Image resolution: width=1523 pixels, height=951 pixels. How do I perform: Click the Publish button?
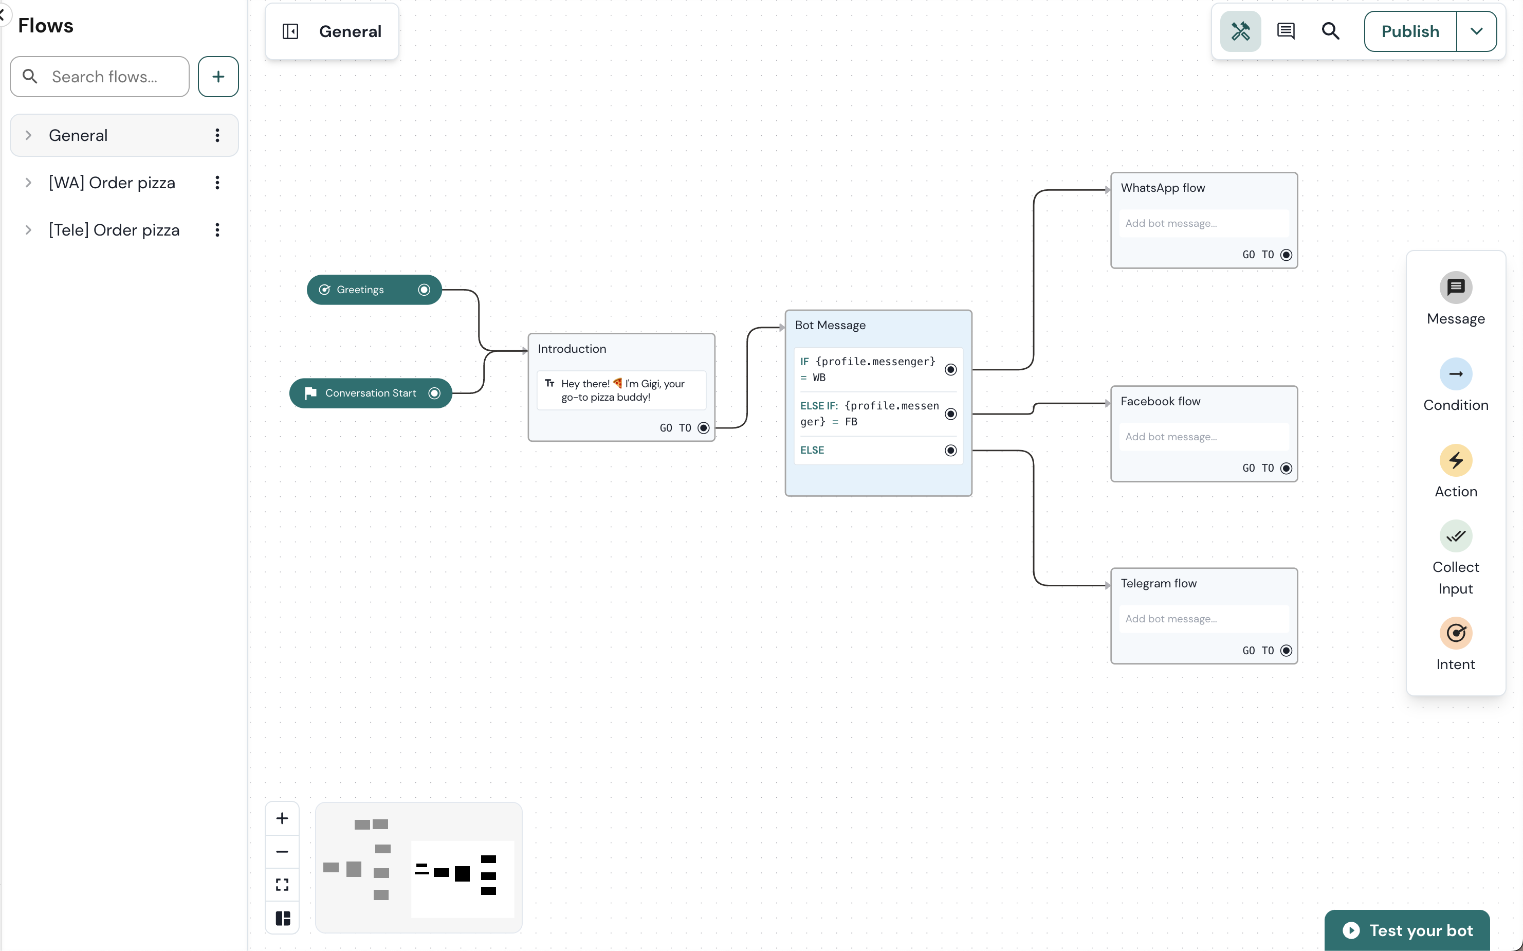1409,31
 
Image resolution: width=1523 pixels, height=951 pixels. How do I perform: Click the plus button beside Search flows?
218,77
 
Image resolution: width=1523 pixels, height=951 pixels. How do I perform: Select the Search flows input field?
104,77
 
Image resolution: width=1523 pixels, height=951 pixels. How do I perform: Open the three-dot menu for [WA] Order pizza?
217,183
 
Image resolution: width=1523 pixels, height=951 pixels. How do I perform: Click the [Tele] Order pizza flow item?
114,230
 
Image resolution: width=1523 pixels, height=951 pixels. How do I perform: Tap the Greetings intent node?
360,290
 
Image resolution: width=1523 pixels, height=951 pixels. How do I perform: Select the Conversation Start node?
370,393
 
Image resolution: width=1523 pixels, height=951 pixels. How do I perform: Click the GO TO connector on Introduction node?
703,428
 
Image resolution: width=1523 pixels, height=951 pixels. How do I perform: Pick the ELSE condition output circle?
950,451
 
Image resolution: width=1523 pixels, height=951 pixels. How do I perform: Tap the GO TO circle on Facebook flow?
1286,469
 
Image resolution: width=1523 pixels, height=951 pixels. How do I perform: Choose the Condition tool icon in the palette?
1455,374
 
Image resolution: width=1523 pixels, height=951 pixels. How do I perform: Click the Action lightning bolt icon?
1455,460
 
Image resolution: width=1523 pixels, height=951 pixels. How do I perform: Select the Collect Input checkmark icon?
1455,536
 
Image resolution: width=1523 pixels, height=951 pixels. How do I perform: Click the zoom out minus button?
282,852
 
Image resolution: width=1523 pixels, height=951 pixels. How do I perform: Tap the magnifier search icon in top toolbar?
1330,31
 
